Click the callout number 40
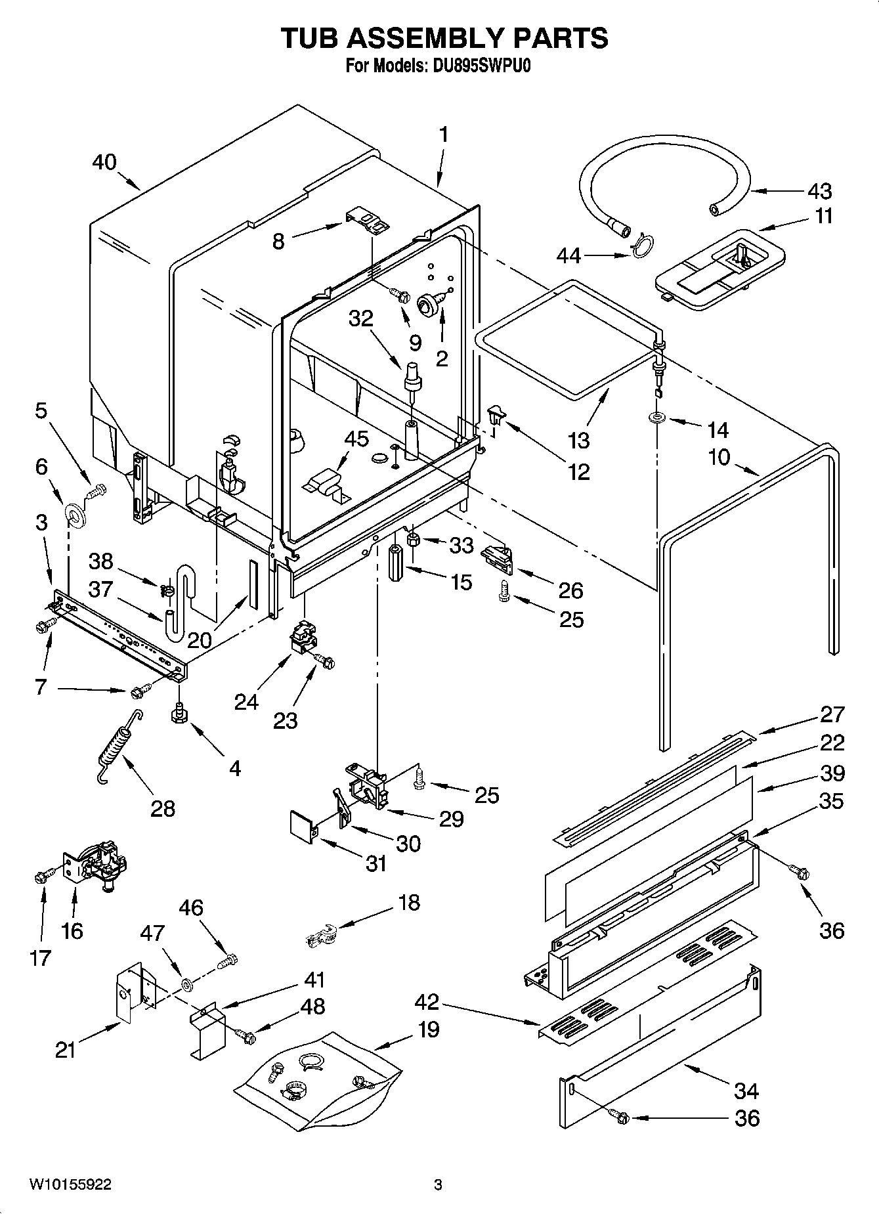tap(104, 162)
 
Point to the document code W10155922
tap(70, 1184)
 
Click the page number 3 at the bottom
tap(438, 1185)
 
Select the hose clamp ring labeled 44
tap(642, 246)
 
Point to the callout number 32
tap(360, 319)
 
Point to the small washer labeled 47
tap(187, 984)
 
